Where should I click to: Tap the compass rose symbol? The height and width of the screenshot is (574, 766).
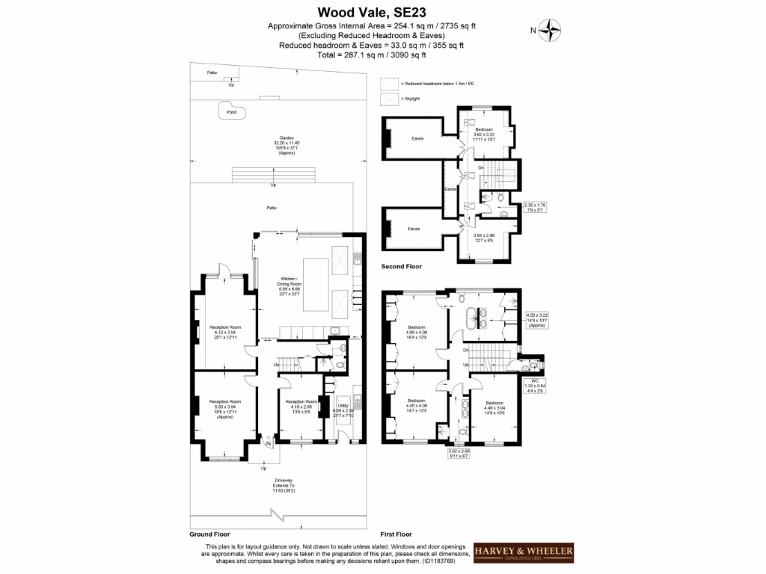click(x=552, y=31)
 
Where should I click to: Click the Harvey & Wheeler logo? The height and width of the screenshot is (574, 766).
click(x=524, y=553)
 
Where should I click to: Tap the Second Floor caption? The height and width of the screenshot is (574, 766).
click(x=402, y=266)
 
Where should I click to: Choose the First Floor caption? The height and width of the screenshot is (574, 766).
click(x=396, y=534)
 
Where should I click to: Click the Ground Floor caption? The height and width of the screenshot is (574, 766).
click(x=209, y=534)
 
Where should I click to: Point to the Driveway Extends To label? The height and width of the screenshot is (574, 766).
click(x=284, y=482)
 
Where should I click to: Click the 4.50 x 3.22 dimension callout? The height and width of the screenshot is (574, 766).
click(x=538, y=320)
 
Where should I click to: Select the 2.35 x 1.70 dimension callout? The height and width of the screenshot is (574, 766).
click(x=534, y=207)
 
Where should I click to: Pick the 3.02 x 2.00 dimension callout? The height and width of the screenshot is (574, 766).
click(x=459, y=453)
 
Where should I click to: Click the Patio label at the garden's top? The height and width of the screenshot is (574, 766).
click(x=213, y=73)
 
